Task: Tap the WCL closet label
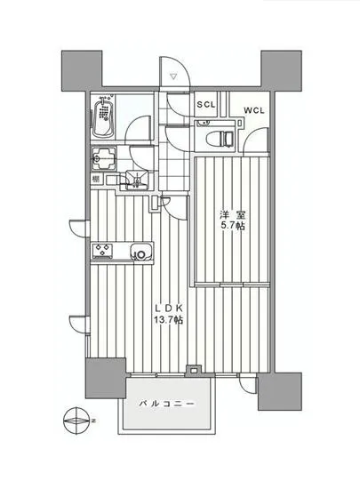click(252, 111)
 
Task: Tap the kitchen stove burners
click(102, 251)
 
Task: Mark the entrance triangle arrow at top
click(174, 78)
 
